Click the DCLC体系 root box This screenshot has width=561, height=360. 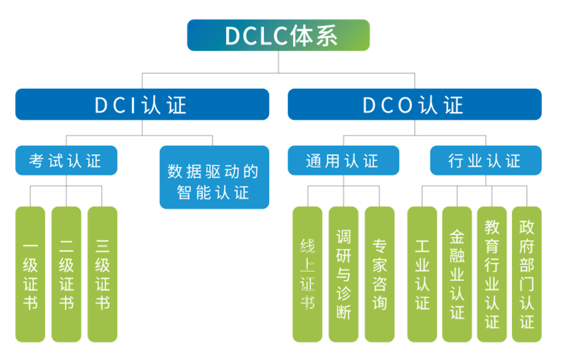278,35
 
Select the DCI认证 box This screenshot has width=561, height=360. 142,104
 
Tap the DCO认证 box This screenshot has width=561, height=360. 414,104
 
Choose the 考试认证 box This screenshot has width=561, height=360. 66,161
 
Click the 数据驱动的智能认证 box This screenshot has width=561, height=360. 214,177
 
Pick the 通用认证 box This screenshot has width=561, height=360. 343,161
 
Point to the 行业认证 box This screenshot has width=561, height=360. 486,161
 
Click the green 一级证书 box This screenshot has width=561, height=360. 30,275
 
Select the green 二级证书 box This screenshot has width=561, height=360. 66,275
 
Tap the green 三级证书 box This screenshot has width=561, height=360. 102,275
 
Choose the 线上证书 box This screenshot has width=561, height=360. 307,275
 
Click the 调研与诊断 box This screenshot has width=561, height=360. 343,275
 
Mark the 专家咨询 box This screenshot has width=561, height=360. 379,275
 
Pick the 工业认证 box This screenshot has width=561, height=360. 422,275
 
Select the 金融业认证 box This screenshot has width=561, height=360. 457,275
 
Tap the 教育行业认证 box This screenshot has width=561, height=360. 492,275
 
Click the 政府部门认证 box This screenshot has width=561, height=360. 527,275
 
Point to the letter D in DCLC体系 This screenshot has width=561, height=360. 233,36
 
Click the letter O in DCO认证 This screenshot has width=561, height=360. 405,105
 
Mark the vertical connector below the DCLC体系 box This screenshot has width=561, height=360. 278,62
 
